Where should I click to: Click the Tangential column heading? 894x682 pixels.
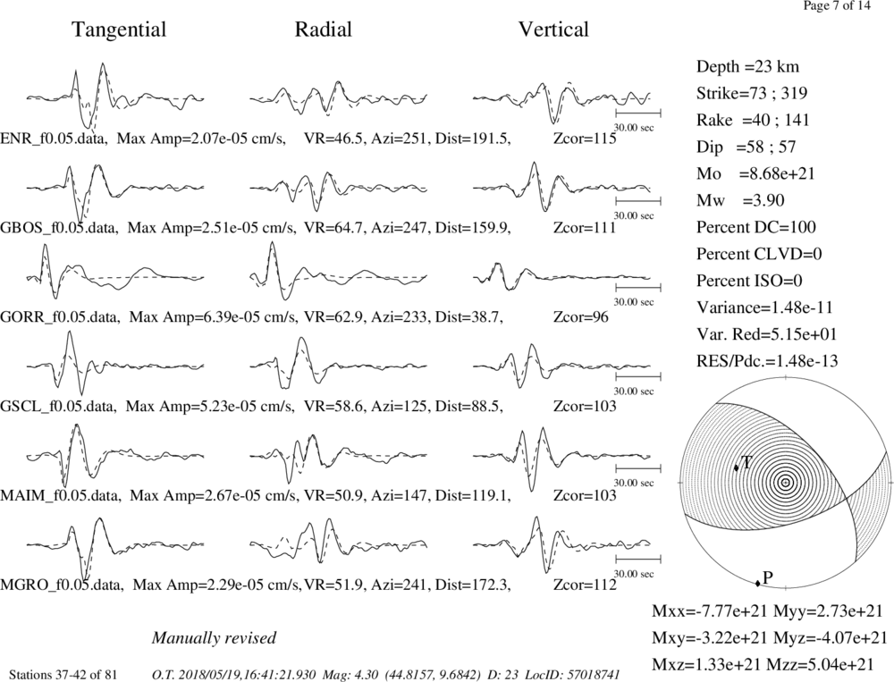[x=119, y=29]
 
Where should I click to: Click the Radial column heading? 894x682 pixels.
[x=323, y=29]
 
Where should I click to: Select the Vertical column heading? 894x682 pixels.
[x=553, y=29]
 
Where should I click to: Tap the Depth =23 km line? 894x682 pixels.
[x=747, y=67]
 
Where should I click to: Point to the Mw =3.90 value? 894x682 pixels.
[x=740, y=201]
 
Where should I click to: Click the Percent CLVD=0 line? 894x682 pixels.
[x=759, y=254]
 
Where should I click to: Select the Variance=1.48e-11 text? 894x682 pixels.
[x=764, y=307]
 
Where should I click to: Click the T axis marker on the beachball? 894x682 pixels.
[x=736, y=467]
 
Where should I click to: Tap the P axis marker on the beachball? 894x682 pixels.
[x=758, y=583]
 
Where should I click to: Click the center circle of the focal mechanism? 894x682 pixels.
[x=786, y=483]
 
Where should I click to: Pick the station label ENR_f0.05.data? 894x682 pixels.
[x=55, y=139]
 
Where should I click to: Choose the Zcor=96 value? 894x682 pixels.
[x=581, y=317]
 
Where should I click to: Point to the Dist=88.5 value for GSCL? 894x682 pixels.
[x=469, y=406]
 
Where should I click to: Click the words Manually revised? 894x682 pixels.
[x=214, y=637]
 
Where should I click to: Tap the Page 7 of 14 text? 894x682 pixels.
[x=837, y=5]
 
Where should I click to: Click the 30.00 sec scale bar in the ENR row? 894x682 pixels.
[x=638, y=113]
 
